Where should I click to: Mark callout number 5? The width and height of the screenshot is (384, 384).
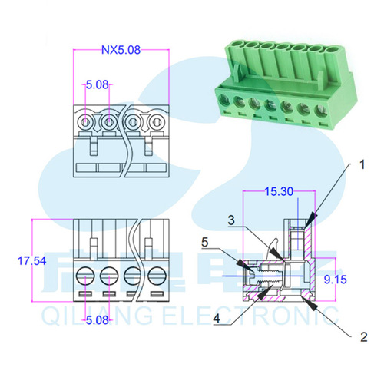205,241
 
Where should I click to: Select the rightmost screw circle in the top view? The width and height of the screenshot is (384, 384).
157,121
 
